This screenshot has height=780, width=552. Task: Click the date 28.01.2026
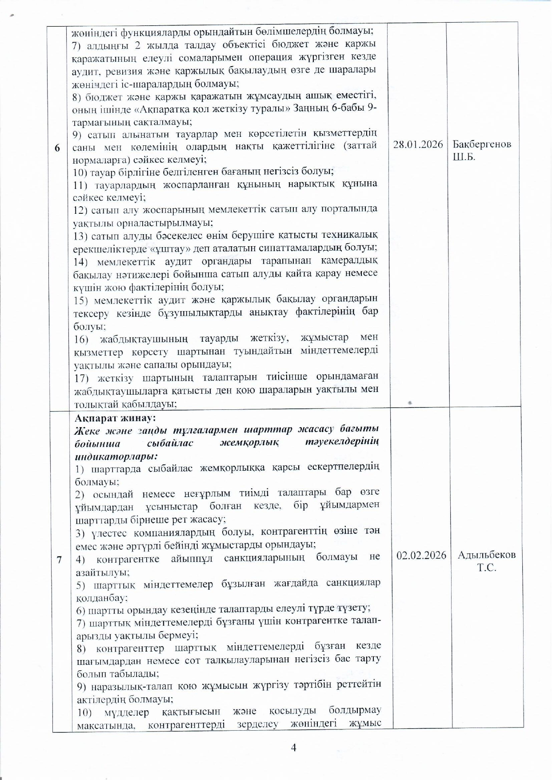tap(418, 144)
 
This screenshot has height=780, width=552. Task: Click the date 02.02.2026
tap(421, 555)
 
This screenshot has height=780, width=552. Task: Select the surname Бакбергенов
tap(482, 144)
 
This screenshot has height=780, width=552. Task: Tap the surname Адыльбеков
tap(487, 555)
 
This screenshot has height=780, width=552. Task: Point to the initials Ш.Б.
tap(464, 157)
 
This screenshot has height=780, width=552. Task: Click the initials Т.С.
tap(487, 568)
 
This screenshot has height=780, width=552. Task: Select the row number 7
tap(59, 559)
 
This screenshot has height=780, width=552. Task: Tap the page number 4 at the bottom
tap(293, 748)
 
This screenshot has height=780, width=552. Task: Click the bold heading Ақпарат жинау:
tap(115, 418)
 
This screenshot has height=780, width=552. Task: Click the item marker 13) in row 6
tap(82, 235)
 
